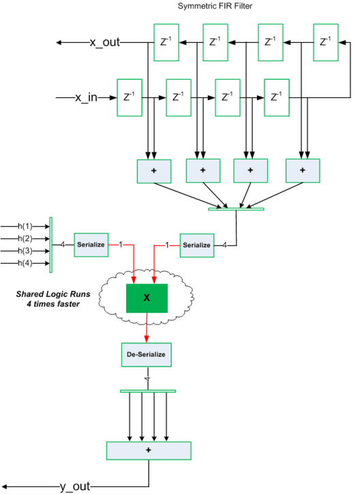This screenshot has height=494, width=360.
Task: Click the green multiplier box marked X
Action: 146,298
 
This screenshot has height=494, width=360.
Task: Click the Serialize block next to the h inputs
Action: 90,244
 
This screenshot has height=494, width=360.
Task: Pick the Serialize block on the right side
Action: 196,244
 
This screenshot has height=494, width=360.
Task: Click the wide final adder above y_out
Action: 149,450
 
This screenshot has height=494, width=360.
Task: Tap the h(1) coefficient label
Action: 25,226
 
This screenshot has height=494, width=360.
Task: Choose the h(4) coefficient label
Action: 25,263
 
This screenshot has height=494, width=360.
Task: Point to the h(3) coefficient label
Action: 25,251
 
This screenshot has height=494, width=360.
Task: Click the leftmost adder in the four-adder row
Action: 153,170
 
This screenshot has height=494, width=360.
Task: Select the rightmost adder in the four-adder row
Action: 303,170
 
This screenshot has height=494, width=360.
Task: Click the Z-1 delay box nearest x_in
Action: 127,97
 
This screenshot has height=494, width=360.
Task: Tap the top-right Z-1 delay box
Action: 326,42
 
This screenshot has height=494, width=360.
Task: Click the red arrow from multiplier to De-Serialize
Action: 146,328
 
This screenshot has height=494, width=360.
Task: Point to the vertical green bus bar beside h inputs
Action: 50,245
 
